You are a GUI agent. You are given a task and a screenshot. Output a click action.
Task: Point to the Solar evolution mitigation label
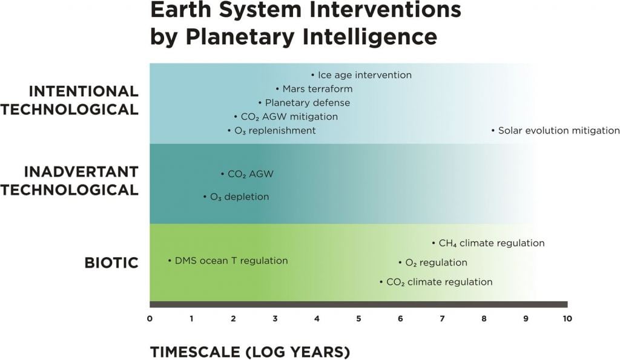558,131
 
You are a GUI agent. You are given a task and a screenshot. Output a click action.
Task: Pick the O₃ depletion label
239,197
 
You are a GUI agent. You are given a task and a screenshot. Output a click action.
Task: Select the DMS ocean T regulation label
231,261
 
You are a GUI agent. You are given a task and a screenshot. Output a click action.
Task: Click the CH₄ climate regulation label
491,243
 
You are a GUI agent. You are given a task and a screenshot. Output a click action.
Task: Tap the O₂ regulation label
435,263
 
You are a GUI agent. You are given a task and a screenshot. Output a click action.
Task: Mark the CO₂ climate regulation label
438,282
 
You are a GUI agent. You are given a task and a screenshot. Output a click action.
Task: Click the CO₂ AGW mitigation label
289,117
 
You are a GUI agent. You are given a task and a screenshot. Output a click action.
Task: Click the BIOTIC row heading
111,263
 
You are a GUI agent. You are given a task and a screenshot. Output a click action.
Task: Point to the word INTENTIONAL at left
84,91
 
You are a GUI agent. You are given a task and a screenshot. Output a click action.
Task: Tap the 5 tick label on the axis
358,318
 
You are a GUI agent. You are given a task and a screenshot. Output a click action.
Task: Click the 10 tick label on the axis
567,318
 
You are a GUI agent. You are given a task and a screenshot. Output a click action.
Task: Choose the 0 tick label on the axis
150,318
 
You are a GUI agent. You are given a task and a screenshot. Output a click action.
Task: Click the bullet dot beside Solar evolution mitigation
493,131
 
